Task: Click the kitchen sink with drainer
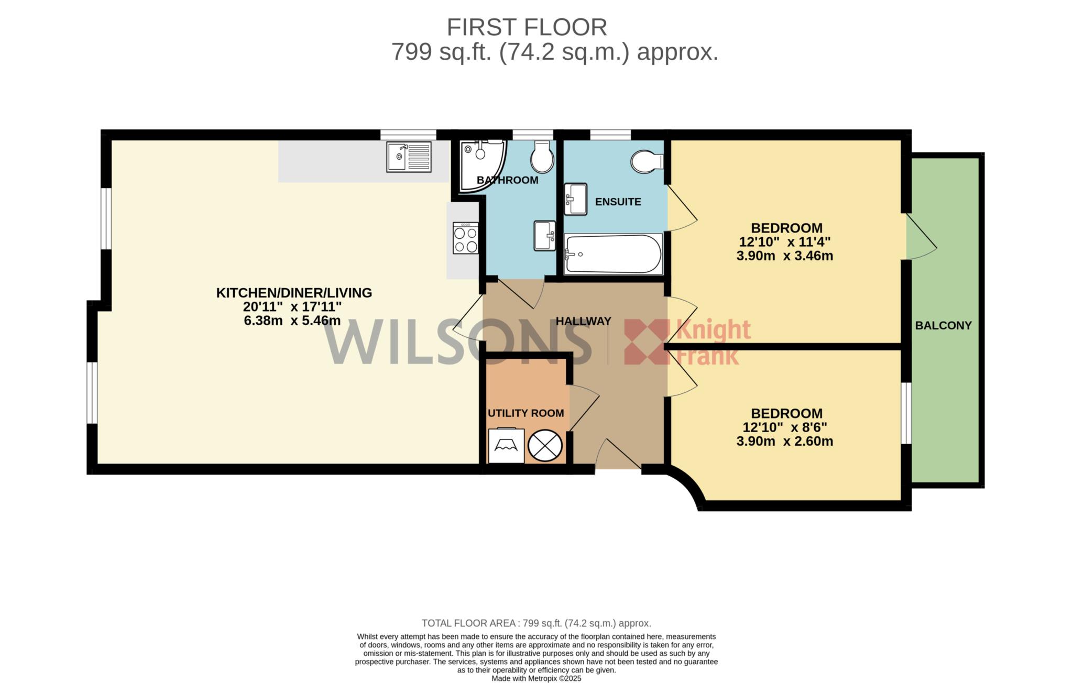[409, 157]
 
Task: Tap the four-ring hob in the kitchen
[466, 238]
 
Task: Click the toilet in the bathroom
[542, 156]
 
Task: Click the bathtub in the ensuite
[614, 254]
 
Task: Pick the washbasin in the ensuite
[575, 199]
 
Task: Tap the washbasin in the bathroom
[545, 236]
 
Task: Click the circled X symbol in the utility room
[545, 446]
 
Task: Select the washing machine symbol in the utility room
[506, 446]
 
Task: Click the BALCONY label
[943, 325]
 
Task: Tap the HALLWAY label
[583, 321]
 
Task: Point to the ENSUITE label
[618, 202]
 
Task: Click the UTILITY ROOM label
[525, 413]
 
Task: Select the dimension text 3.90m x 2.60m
[784, 441]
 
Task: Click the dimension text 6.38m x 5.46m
[292, 321]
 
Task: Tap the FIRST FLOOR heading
[527, 27]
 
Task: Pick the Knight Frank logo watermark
[687, 341]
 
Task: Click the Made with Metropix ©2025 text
[536, 678]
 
